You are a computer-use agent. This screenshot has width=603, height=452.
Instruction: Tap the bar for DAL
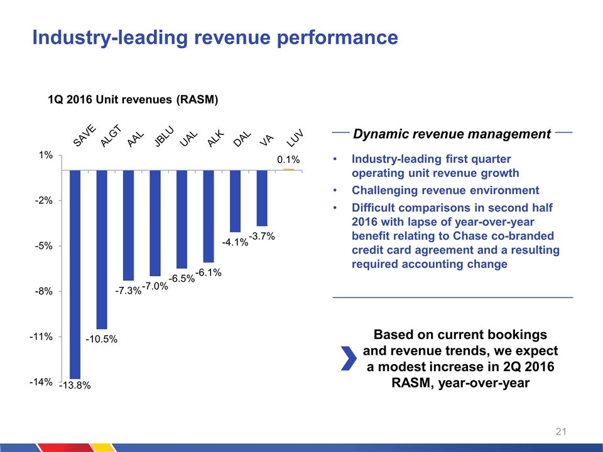(x=235, y=201)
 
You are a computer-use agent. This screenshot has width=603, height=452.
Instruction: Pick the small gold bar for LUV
(x=289, y=169)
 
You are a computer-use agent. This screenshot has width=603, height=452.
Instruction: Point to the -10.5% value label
(x=102, y=339)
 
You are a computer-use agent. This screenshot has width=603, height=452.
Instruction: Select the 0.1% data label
(x=288, y=161)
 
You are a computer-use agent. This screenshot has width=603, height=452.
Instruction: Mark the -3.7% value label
(x=262, y=236)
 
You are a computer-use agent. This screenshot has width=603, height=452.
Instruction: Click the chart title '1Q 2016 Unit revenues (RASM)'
(x=133, y=99)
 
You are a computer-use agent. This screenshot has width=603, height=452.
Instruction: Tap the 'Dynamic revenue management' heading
(x=452, y=134)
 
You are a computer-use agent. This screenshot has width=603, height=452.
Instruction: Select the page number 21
(x=562, y=431)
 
